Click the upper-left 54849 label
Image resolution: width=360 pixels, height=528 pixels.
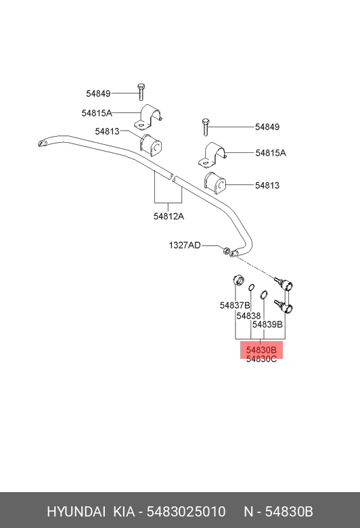98,93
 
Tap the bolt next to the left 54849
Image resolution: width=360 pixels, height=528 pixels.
141,92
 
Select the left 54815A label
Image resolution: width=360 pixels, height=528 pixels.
97,113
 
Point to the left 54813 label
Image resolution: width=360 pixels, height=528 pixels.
107,131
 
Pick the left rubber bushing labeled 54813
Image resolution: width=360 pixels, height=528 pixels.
151,144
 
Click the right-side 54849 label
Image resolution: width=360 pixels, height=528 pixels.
267,127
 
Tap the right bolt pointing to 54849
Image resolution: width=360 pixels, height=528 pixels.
206,127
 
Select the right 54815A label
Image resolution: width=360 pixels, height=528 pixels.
271,153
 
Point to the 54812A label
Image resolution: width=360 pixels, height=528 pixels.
168,216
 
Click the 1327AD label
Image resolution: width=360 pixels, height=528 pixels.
185,245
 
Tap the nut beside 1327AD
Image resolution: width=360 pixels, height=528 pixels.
227,250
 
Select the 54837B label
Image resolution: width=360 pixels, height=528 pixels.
235,305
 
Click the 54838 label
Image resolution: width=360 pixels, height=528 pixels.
248,316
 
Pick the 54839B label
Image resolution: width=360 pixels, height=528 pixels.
267,325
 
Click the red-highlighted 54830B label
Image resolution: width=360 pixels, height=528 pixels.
261,350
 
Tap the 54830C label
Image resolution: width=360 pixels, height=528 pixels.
261,359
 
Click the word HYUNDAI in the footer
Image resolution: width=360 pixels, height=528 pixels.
76,512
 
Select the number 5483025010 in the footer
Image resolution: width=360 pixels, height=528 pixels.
186,512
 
